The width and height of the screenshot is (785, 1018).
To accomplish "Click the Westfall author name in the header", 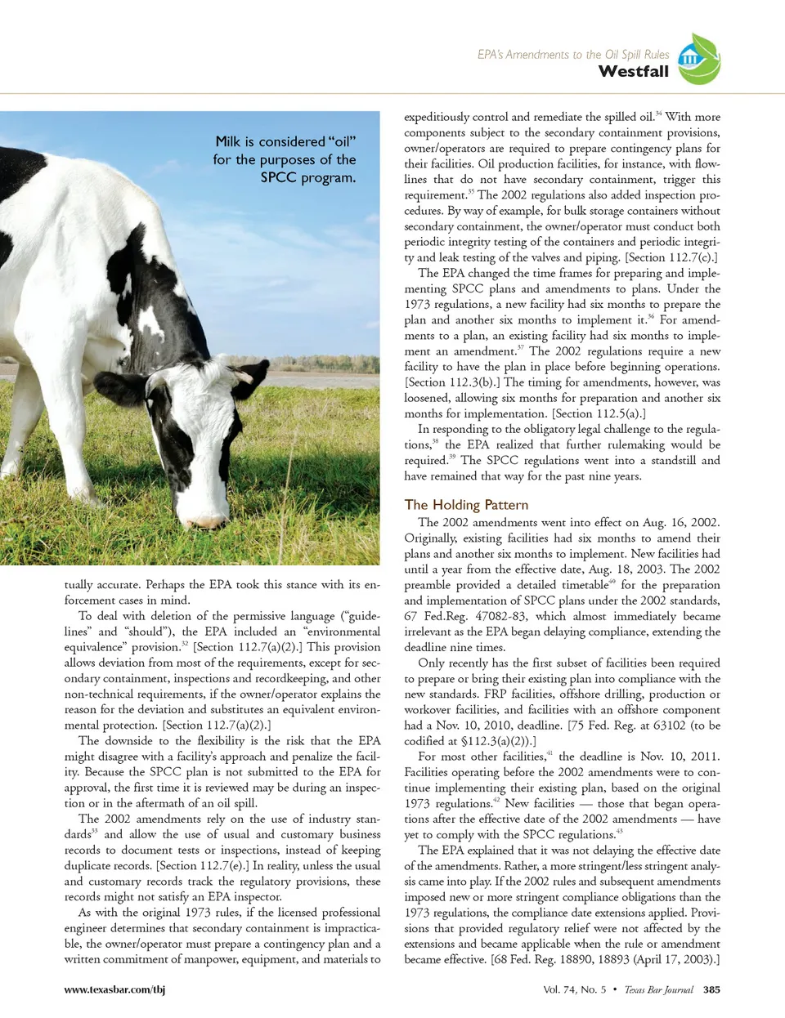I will (633, 72).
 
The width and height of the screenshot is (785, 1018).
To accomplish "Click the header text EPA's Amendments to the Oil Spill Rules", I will (573, 54).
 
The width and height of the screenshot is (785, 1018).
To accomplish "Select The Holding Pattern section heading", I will (466, 505).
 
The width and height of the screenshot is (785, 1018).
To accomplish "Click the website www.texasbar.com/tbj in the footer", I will (114, 989).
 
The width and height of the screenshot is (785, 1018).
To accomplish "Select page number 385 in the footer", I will (711, 989).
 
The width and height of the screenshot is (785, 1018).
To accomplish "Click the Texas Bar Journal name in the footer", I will (658, 989).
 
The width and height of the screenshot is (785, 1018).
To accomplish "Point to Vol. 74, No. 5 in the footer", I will (575, 989).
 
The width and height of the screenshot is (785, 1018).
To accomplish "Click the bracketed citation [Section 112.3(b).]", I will (452, 382).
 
